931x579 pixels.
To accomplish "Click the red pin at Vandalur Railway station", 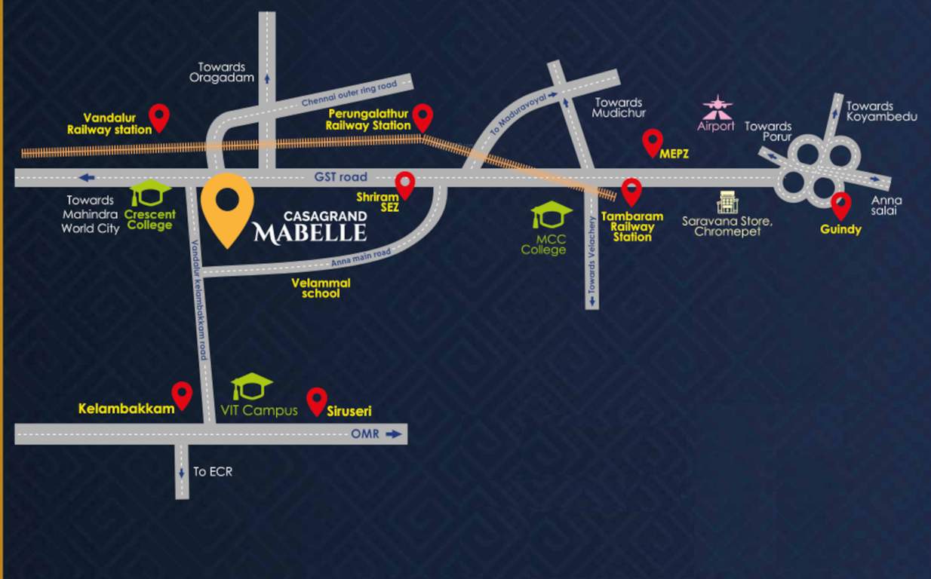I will pos(158,117).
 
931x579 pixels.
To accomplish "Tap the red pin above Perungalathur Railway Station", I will pos(422,117).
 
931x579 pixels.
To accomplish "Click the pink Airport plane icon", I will pos(717,107).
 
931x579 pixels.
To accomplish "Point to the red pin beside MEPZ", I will pos(652,142).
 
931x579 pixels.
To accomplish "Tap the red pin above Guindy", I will pos(840,205).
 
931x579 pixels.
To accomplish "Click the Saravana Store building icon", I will pos(727,202).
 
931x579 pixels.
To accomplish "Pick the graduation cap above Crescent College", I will pos(150,194).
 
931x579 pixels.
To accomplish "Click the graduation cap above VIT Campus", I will pos(252,387).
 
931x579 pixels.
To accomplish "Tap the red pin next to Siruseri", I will pos(317,401).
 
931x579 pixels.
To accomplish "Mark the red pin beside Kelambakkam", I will pos(182,394).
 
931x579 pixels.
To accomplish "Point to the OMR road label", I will pos(364,434).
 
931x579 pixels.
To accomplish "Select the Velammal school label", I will pos(321,288).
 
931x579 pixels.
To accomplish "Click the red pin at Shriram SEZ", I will pos(405,184).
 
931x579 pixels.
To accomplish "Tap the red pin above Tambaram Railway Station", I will pos(631,191).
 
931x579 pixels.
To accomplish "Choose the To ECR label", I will pos(213,471).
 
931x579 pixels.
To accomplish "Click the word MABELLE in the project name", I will pos(309,232).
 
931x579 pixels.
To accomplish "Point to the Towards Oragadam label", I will pos(221,72).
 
